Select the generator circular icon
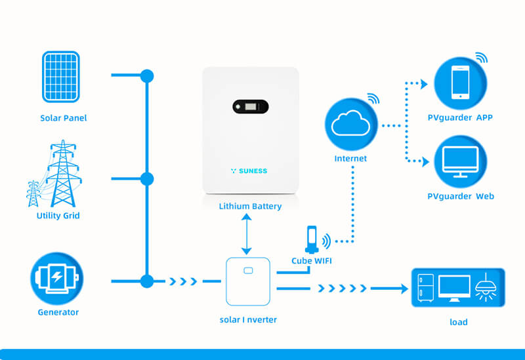58,277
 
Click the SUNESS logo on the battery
249,170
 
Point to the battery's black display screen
250,106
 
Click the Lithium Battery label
250,206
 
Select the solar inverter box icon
247,281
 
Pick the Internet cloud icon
350,123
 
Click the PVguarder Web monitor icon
459,162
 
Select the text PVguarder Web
460,196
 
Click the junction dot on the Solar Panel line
147,75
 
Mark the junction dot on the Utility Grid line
147,178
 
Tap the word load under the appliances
458,321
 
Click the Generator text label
58,312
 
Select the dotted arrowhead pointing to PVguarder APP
423,84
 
